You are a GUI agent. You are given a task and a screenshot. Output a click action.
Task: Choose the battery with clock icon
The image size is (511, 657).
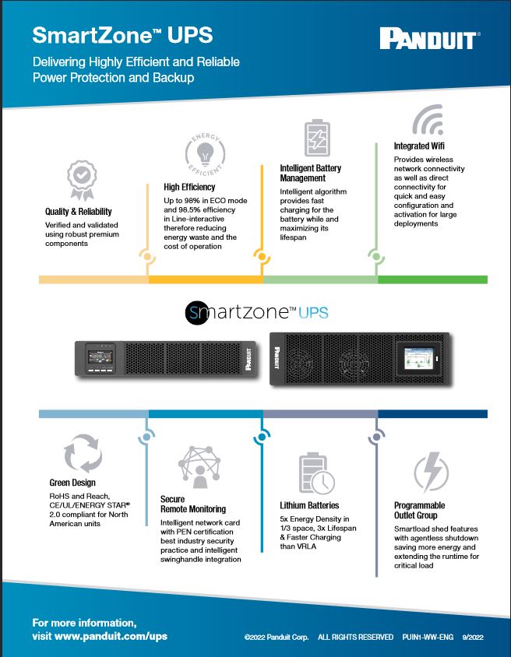[x=317, y=473]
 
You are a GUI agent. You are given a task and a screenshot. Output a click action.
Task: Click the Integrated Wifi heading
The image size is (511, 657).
[x=422, y=146]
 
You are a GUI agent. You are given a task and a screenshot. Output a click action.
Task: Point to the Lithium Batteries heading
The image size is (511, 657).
[x=309, y=505]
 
